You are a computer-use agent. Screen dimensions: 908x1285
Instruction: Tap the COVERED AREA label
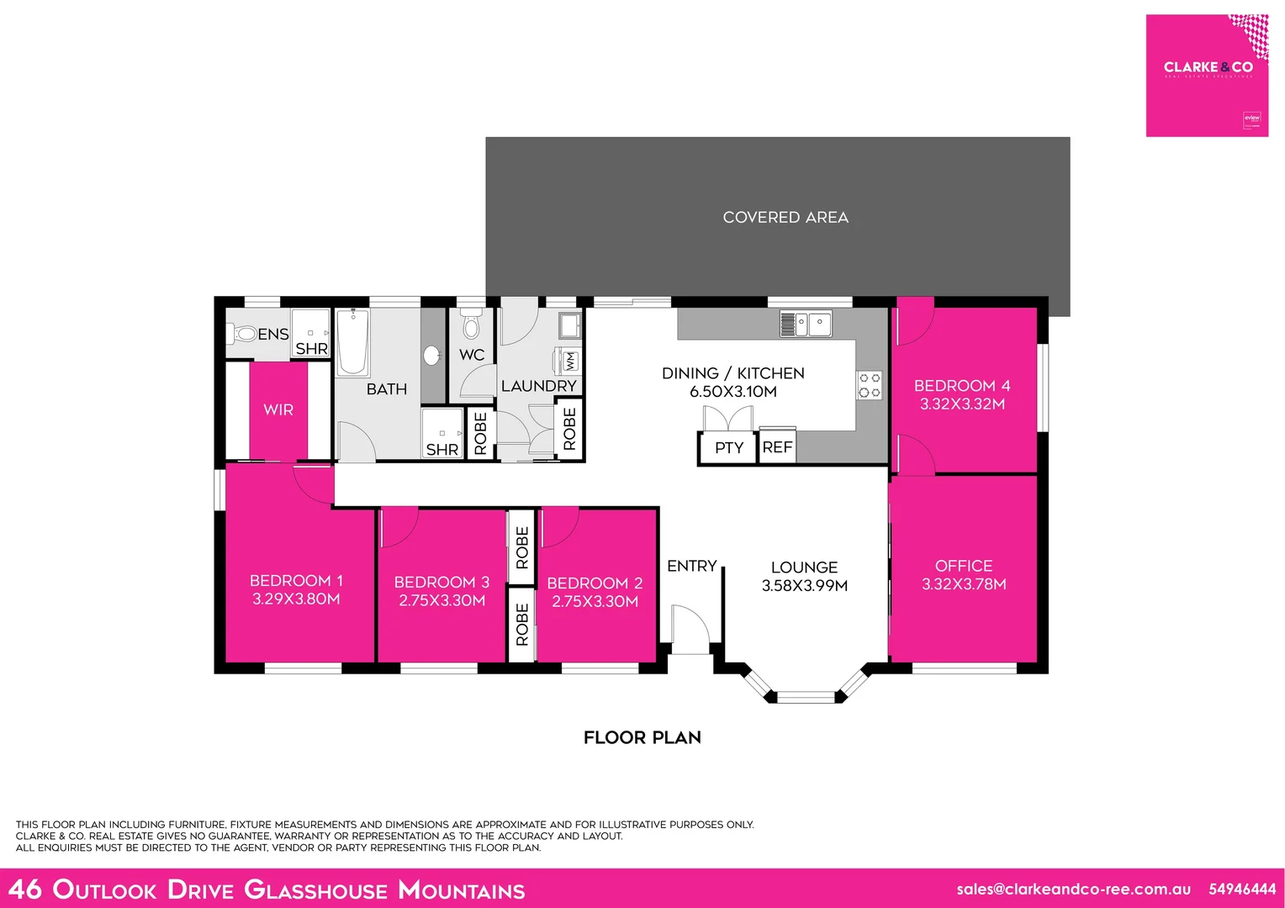pyautogui.click(x=785, y=217)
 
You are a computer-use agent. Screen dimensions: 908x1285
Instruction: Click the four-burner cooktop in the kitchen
pyautogui.click(x=870, y=386)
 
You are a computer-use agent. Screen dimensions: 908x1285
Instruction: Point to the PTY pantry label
pyautogui.click(x=728, y=447)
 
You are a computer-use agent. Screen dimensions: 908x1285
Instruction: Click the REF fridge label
pyautogui.click(x=777, y=447)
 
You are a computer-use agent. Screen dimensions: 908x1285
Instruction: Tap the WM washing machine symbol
pyautogui.click(x=569, y=362)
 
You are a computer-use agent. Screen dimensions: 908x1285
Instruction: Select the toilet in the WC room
pyautogui.click(x=471, y=325)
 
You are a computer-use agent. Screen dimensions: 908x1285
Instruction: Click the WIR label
pyautogui.click(x=278, y=410)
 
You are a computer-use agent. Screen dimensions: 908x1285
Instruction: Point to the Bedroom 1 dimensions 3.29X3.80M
pyautogui.click(x=296, y=599)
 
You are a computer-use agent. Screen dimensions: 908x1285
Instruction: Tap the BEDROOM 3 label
pyautogui.click(x=442, y=582)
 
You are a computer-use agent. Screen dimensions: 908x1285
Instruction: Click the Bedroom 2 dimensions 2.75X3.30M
pyautogui.click(x=595, y=601)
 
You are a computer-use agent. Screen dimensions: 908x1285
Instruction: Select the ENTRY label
pyautogui.click(x=691, y=566)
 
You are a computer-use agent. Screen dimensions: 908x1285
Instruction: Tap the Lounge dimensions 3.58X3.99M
pyautogui.click(x=804, y=586)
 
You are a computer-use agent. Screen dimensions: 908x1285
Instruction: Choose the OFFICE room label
pyautogui.click(x=964, y=566)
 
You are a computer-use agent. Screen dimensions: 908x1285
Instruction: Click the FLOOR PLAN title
pyautogui.click(x=642, y=737)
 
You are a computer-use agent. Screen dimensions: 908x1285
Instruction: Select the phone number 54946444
pyautogui.click(x=1241, y=889)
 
